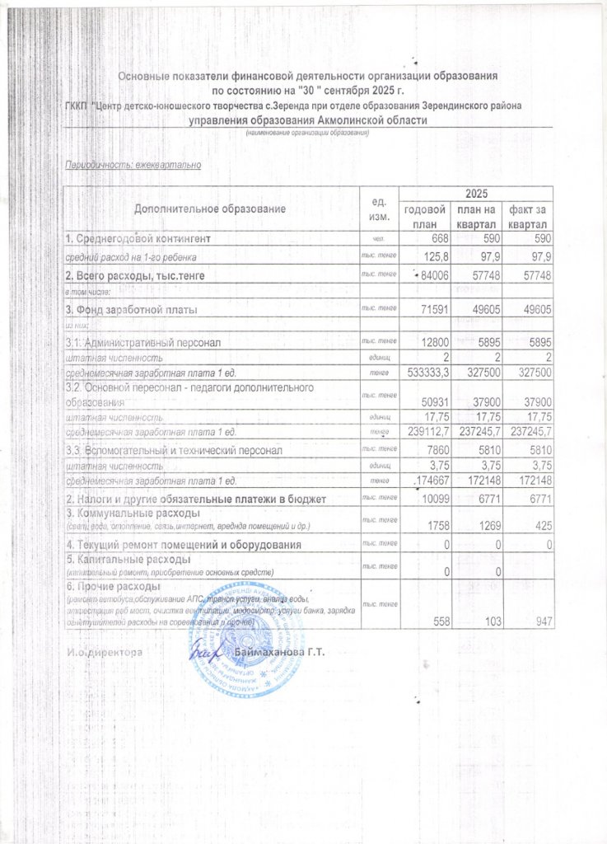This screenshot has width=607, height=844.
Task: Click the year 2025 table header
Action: [x=474, y=193]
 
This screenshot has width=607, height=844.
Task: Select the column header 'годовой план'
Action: [x=423, y=217]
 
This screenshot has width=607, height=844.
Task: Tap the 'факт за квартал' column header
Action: [x=528, y=217]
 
